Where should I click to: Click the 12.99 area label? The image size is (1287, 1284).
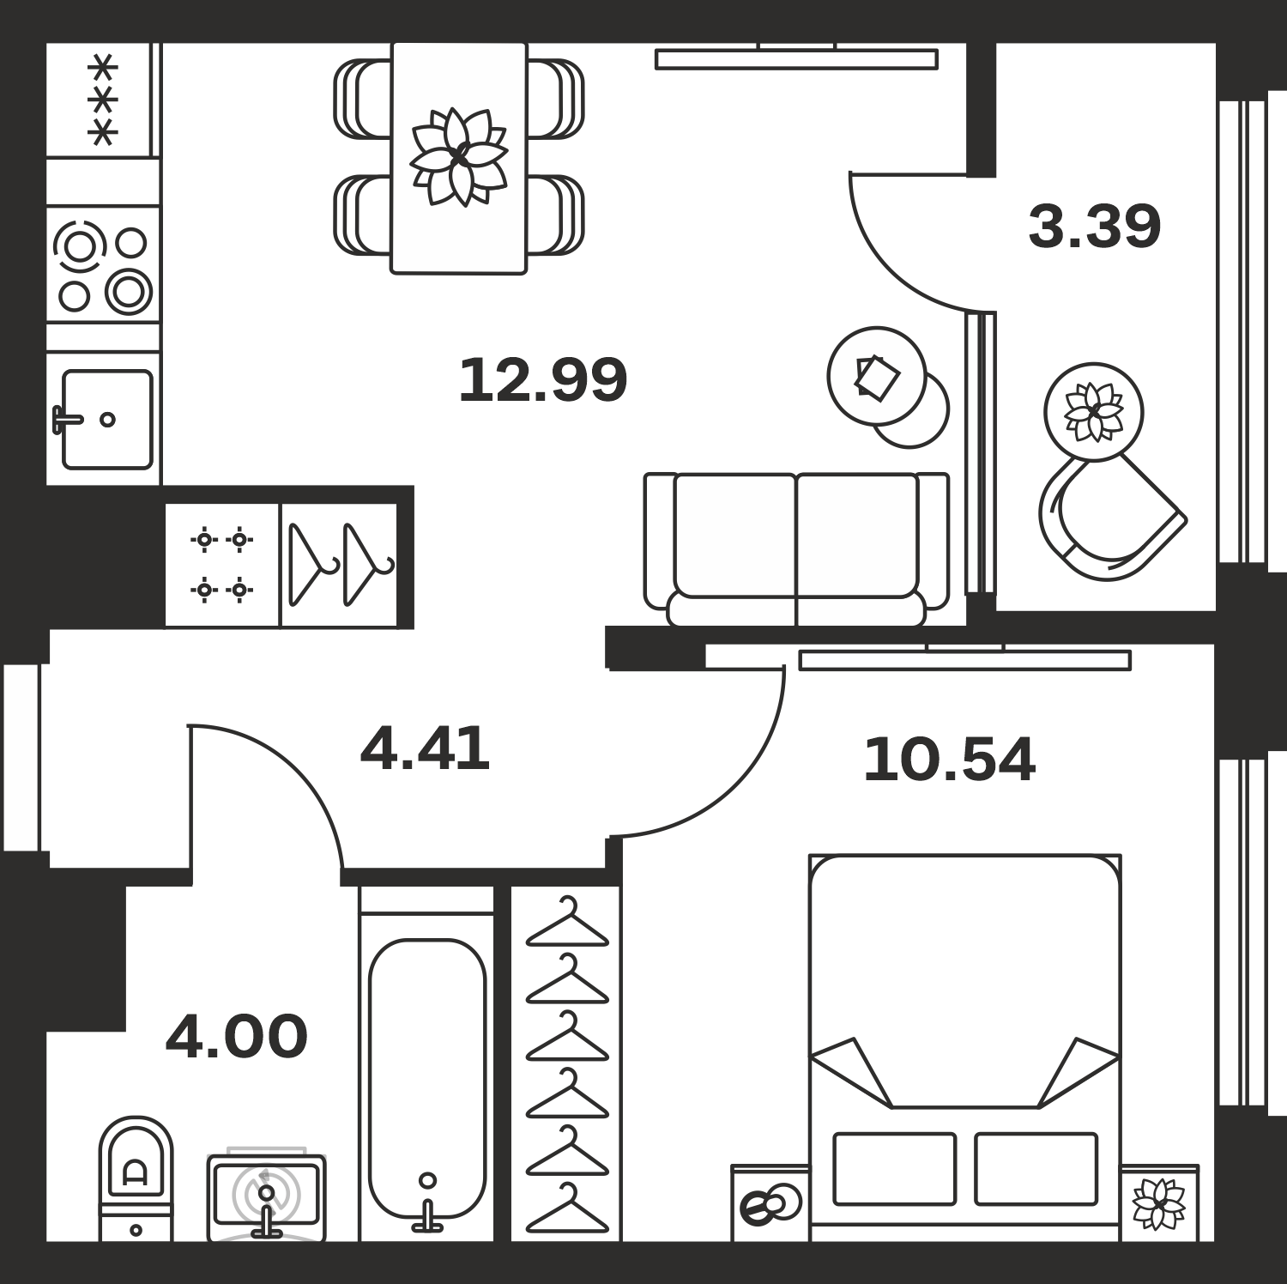tap(542, 380)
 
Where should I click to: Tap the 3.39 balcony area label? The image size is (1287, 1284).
tap(1094, 227)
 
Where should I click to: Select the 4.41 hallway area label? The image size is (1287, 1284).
tap(425, 748)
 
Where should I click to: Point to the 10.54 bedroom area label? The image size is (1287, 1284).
tap(949, 760)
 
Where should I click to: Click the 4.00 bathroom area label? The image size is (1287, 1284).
tap(236, 1037)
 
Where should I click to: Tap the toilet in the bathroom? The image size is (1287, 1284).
tap(136, 1179)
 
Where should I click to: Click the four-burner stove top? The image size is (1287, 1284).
tap(103, 265)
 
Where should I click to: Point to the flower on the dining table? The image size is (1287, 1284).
tap(459, 157)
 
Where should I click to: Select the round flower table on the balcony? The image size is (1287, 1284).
tap(1094, 412)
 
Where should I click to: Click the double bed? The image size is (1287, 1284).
tap(965, 1047)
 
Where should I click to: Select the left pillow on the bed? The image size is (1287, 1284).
tap(895, 1168)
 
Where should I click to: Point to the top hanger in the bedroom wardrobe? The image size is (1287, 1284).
tap(567, 922)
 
